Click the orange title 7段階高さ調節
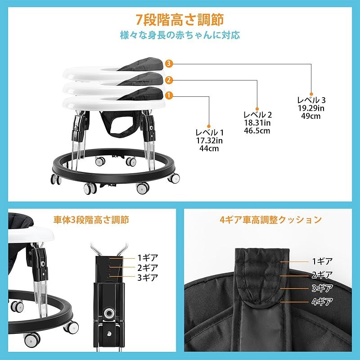pyautogui.click(x=180, y=20)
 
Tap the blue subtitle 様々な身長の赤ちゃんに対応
pyautogui.click(x=180, y=35)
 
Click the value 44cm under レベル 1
pyautogui.click(x=209, y=148)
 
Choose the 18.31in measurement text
pyautogui.click(x=257, y=123)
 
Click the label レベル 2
pyautogui.click(x=257, y=114)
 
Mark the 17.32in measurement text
pyautogui.click(x=209, y=140)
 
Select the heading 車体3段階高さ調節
pyautogui.click(x=90, y=220)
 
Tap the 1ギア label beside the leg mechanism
pyautogui.click(x=147, y=258)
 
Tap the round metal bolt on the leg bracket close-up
pyautogui.click(x=109, y=312)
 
